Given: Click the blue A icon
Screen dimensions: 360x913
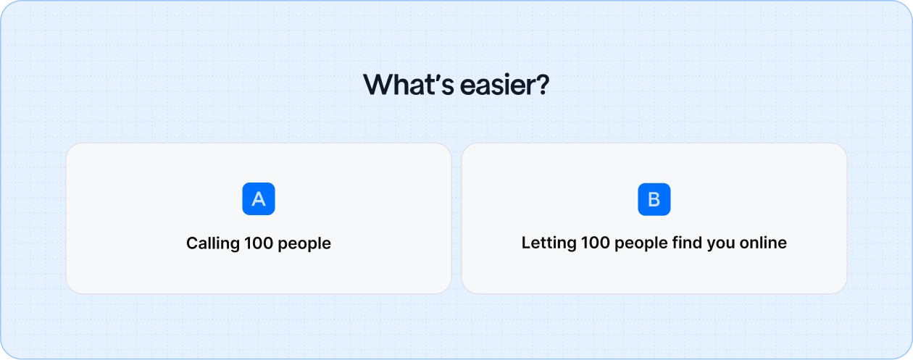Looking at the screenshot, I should [x=259, y=199].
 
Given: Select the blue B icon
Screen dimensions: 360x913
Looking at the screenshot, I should [x=654, y=199].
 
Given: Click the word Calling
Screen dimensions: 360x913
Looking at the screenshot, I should [x=211, y=243].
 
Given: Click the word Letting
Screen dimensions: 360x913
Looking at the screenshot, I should [x=549, y=243].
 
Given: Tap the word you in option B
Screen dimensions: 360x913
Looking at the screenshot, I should [x=721, y=243].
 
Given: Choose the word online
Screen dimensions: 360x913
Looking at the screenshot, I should [x=763, y=243].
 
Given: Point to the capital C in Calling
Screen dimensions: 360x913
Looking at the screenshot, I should [x=192, y=243].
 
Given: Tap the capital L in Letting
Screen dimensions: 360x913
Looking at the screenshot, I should [x=525, y=243].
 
